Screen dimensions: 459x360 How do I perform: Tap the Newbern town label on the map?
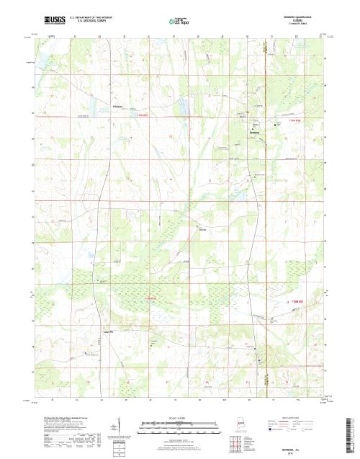pyautogui.click(x=253, y=133)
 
